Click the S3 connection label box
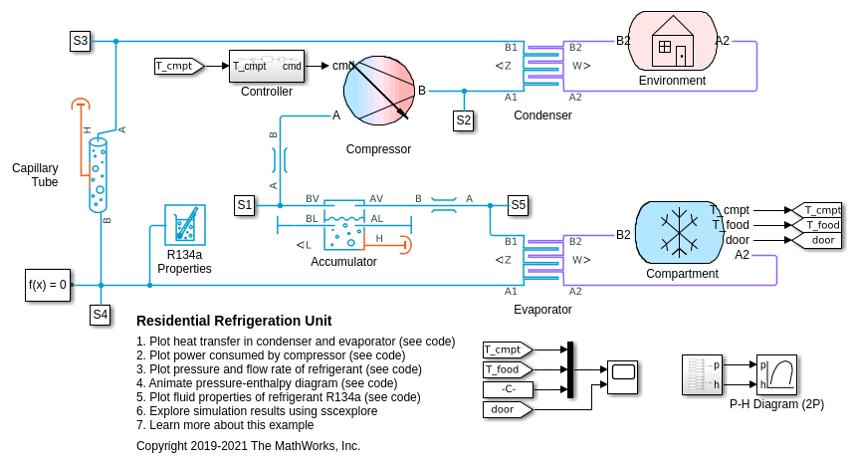click(x=80, y=41)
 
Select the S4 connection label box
click(x=101, y=315)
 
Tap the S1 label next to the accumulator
click(x=245, y=205)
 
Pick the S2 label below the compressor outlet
click(x=464, y=120)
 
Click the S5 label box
click(x=518, y=205)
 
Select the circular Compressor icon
click(x=378, y=91)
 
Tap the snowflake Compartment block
click(x=681, y=233)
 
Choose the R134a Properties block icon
click(x=184, y=225)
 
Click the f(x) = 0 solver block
click(x=48, y=285)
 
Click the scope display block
click(x=624, y=373)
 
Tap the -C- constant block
click(x=508, y=388)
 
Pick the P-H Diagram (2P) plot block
click(x=776, y=374)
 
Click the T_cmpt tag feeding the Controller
click(x=178, y=66)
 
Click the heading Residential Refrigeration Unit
click(x=234, y=321)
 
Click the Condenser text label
click(x=542, y=116)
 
